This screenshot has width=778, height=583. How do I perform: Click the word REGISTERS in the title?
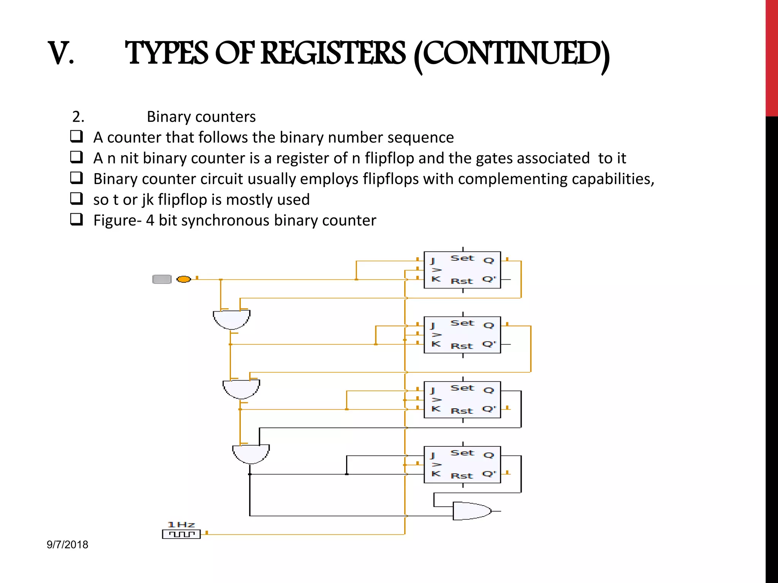point(333,53)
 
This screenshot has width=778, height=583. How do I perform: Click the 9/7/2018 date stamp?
point(67,545)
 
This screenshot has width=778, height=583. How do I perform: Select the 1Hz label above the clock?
point(181,525)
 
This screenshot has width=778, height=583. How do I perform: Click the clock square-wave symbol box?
point(181,534)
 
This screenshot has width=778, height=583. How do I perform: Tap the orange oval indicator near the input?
point(184,279)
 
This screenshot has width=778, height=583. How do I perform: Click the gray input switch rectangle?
point(162,279)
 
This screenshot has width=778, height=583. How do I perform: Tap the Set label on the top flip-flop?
point(462,258)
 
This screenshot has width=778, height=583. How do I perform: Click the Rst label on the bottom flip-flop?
point(462,476)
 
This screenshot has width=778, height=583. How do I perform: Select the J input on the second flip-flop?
point(432,326)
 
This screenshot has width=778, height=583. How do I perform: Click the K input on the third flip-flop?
point(436,409)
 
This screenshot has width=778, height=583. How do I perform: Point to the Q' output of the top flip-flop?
point(489,279)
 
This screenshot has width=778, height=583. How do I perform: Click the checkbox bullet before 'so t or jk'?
point(76,199)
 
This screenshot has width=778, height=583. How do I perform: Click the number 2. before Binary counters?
point(78,117)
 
